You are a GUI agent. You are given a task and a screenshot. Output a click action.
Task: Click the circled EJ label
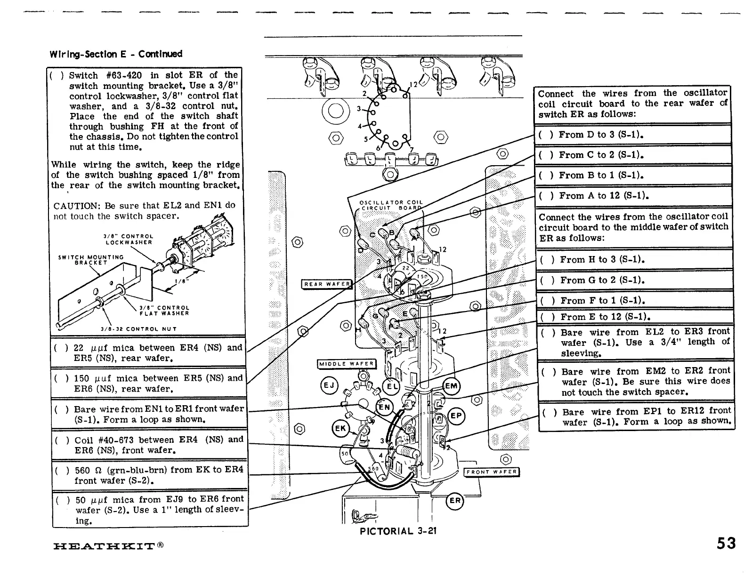coord(329,386)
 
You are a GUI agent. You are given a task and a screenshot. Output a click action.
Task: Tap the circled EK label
coord(340,429)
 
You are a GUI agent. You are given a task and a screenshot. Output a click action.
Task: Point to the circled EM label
coord(451,386)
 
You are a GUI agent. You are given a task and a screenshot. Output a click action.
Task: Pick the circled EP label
coord(456,416)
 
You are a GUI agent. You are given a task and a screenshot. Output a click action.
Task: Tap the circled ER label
coord(455,501)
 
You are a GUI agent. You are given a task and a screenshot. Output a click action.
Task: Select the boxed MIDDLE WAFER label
coord(347,364)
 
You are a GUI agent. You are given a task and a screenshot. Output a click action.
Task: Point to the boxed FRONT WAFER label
coord(492,472)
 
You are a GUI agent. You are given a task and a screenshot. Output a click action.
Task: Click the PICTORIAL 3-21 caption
coord(398,531)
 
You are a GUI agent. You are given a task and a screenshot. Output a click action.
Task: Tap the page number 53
coord(726,544)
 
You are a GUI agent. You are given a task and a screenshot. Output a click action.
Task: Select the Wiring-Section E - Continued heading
coord(116,54)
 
